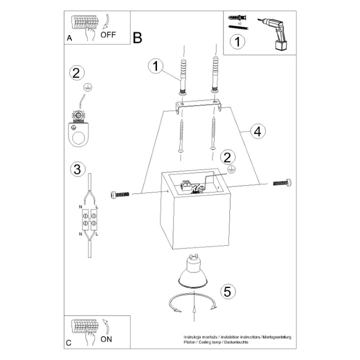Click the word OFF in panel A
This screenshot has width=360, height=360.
point(109,35)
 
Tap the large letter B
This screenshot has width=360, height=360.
point(137,37)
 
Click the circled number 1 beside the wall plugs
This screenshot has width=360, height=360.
point(156,66)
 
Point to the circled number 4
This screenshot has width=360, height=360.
point(256,131)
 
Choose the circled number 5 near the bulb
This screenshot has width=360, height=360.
point(228,291)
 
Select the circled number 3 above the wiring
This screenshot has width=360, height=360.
point(76,169)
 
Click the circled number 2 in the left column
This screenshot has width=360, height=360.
point(75,73)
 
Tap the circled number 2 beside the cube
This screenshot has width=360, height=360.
point(227,157)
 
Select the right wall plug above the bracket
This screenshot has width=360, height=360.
point(215,74)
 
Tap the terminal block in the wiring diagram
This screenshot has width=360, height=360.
point(89,220)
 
